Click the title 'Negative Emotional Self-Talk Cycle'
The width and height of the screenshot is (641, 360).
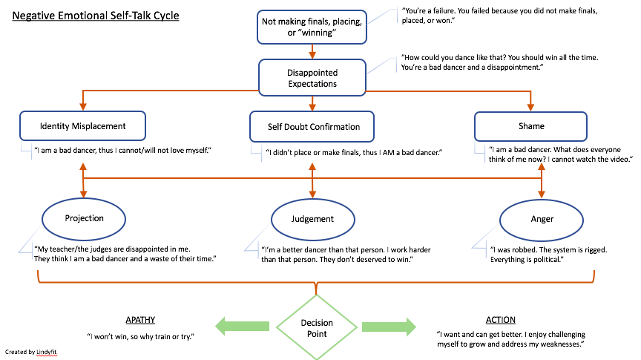pos(96,15)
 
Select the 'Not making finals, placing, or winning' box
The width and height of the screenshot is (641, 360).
pos(312,27)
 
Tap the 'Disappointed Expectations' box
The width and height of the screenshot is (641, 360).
pos(312,78)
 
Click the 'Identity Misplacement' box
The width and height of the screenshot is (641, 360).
pos(82,126)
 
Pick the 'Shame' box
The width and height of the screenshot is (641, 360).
pos(530,126)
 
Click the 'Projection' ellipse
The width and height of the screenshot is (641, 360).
pos(84,218)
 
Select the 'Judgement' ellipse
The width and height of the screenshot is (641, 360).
pos(312,219)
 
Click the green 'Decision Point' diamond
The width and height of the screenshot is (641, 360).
pos(317,327)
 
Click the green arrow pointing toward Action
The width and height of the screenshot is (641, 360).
pos(389,327)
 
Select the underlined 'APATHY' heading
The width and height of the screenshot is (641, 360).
pos(139,320)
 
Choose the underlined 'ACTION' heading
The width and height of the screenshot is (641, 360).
pos(500,320)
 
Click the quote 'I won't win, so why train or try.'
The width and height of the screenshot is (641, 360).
pos(139,336)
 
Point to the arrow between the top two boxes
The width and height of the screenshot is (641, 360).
pos(312,52)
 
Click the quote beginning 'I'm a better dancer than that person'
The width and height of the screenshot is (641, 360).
pos(346,255)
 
